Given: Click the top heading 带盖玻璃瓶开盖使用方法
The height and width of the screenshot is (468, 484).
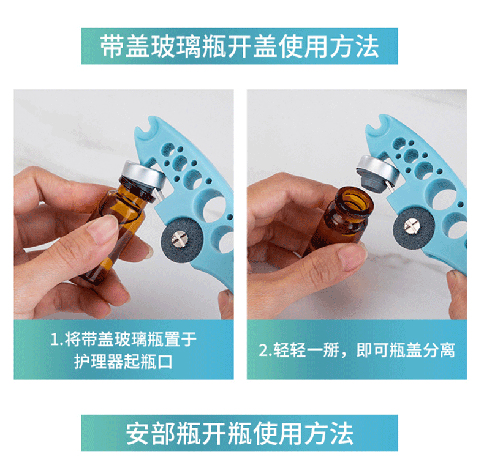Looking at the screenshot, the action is (240, 46).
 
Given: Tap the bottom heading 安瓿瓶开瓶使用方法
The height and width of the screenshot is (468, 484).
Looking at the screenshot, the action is (240, 433).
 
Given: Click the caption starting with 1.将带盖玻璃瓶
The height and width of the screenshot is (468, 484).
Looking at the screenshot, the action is (124, 350).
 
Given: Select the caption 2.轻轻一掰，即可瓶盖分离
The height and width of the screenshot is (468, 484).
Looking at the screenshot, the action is (357, 350).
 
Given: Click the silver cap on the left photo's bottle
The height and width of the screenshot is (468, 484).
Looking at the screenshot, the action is (143, 174).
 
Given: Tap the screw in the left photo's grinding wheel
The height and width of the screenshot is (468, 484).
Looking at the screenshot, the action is (179, 239).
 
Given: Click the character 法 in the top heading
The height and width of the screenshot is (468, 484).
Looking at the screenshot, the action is (367, 46).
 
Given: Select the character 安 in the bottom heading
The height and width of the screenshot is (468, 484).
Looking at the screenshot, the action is (138, 433).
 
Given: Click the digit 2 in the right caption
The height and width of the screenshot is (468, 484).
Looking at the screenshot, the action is (263, 351).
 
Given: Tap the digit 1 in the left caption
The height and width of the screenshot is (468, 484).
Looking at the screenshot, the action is (55, 340).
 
